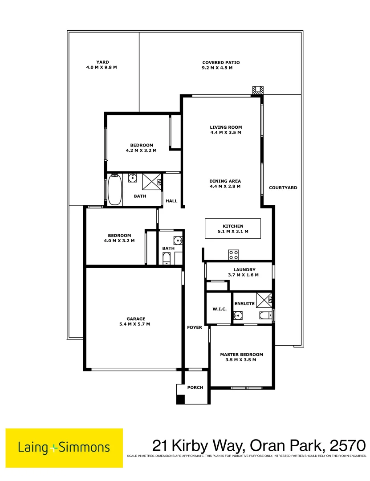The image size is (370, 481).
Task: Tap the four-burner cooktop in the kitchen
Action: tap(234, 255)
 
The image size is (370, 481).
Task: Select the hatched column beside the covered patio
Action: tap(257, 90)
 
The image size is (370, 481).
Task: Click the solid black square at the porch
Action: tap(180, 399)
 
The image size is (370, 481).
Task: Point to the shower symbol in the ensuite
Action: tap(264, 300)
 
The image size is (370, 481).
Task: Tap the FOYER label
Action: tap(195, 327)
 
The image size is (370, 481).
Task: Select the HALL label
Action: tap(171, 201)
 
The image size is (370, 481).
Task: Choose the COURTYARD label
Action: tap(283, 188)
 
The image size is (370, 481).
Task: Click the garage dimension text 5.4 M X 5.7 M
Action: tap(136, 324)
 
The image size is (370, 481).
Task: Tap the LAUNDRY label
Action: tap(244, 269)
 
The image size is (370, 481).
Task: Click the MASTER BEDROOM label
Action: tap(241, 355)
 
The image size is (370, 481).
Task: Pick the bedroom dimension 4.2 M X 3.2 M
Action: tap(141, 151)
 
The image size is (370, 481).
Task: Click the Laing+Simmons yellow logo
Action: tap(64, 448)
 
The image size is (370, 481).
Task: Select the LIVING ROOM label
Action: tap(226, 127)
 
